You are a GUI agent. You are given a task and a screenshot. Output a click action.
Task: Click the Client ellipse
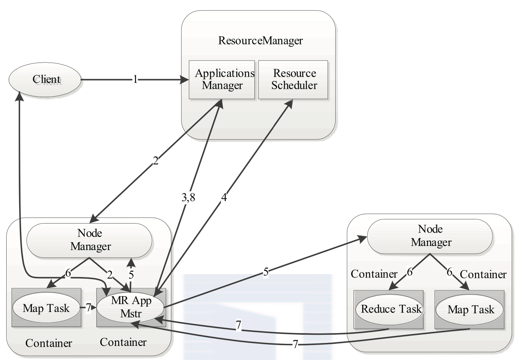(x=45, y=79)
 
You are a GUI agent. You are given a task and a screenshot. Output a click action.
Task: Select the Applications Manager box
(x=222, y=80)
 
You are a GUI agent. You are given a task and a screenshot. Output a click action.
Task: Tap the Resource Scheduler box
(x=293, y=80)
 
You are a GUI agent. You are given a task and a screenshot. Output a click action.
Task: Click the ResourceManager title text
(x=260, y=41)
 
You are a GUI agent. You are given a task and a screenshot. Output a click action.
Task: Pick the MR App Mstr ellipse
(x=130, y=307)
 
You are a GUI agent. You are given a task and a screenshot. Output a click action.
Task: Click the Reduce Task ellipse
(x=390, y=309)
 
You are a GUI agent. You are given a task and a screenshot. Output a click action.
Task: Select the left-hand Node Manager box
(x=90, y=240)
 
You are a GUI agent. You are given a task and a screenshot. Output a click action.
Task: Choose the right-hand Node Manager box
(x=430, y=236)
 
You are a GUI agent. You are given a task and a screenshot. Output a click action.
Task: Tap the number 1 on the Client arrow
(x=135, y=80)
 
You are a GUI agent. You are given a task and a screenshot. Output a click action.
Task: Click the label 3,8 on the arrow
(x=188, y=197)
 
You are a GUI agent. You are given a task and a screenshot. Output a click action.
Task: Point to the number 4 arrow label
(x=224, y=197)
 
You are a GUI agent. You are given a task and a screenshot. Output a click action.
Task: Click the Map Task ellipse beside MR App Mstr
(x=46, y=308)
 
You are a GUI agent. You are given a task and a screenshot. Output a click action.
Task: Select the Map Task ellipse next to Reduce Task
(x=469, y=309)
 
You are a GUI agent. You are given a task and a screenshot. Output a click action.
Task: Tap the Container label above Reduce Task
(x=374, y=274)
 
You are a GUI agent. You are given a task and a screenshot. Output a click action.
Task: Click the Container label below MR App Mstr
(x=123, y=342)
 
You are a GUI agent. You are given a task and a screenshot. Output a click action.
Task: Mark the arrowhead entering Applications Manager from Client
(x=185, y=80)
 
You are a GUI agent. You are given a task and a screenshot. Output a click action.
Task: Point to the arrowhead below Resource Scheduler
(x=289, y=104)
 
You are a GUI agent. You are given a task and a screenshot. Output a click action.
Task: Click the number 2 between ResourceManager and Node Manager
(x=156, y=161)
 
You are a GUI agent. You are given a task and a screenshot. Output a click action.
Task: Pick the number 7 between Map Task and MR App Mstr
(x=88, y=308)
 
